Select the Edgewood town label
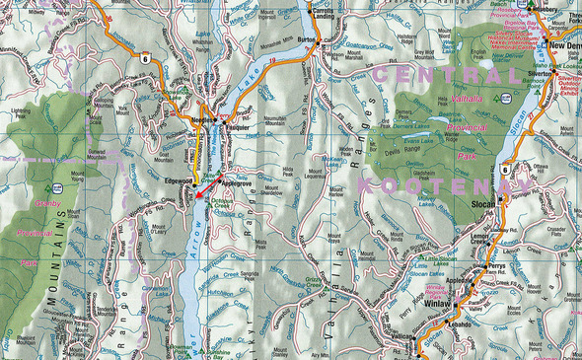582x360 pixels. pyautogui.click(x=179, y=180)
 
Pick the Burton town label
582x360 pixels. pyautogui.click(x=307, y=39)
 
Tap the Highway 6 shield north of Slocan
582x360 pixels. pyautogui.click(x=504, y=168)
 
